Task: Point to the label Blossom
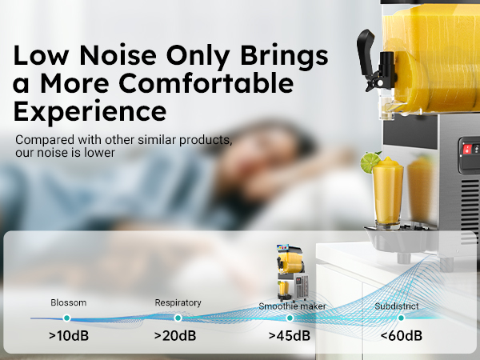[68, 303]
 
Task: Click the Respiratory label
[178, 303]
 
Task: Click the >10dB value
[68, 334]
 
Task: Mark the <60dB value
[400, 334]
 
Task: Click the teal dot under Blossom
[68, 318]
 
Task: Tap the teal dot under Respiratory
[178, 318]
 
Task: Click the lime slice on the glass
[370, 163]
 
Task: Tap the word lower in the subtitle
[98, 152]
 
